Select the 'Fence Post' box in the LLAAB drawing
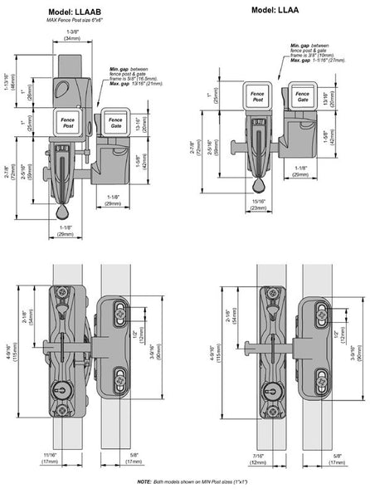point(67,122)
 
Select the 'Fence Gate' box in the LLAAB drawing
point(115,122)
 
